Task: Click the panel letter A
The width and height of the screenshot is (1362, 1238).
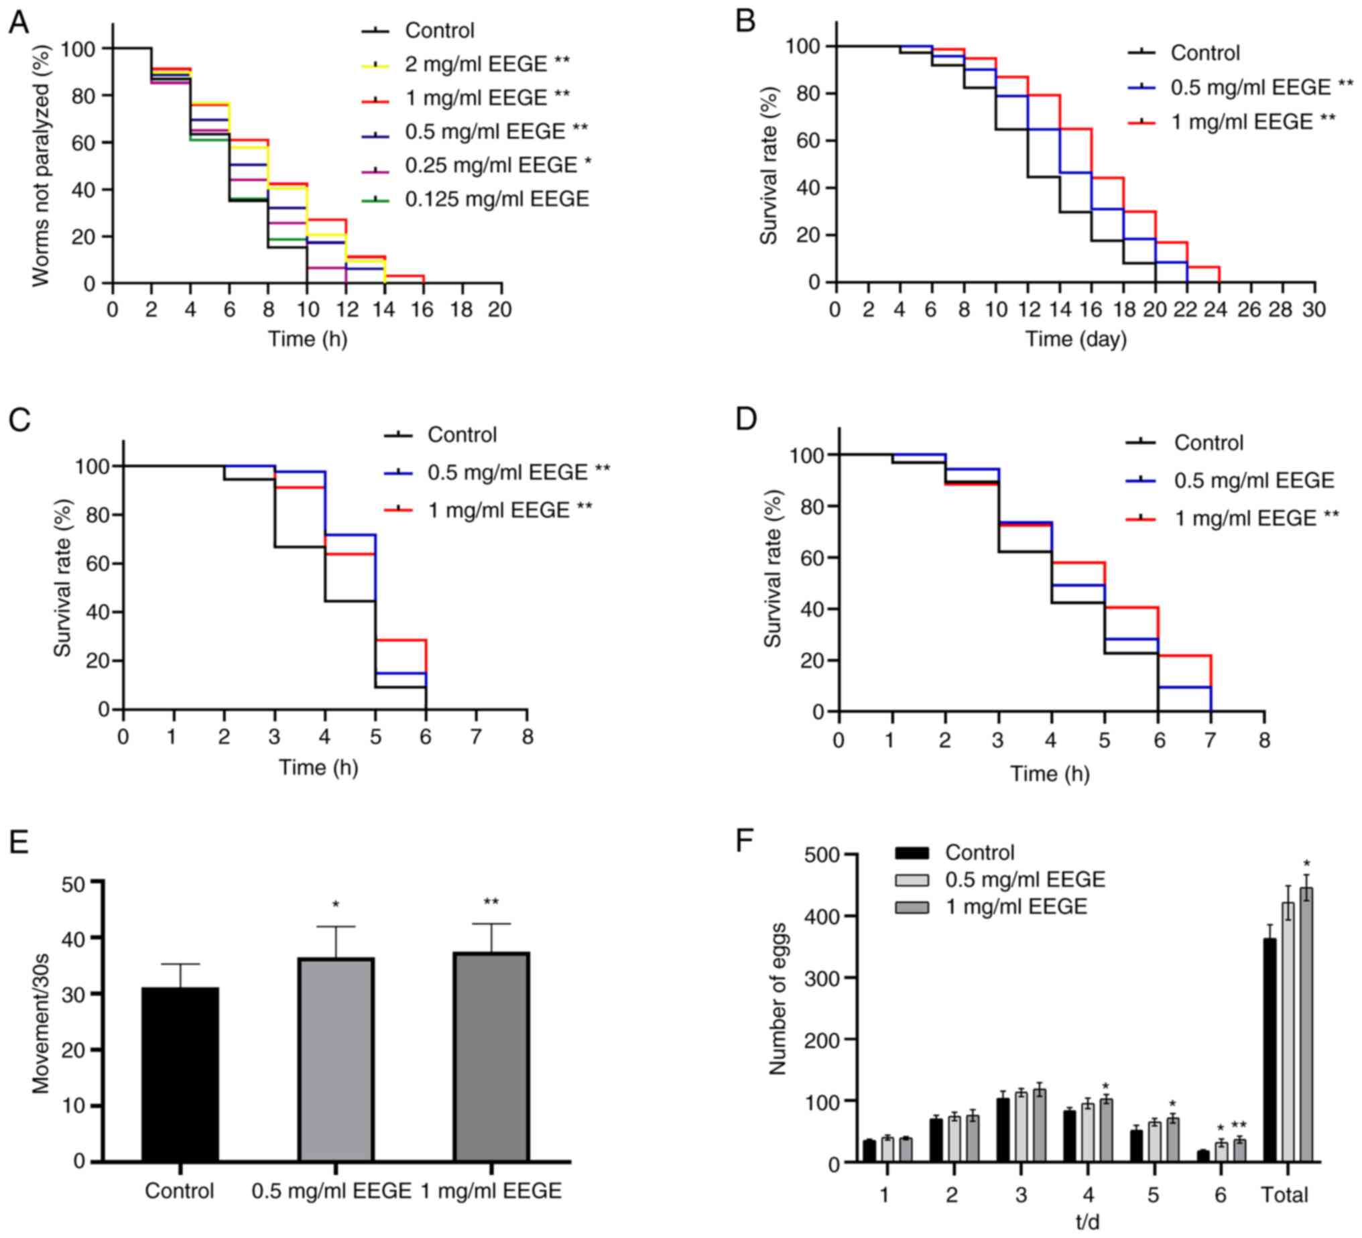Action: point(18,22)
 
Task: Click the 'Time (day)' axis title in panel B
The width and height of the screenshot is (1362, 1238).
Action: point(1076,338)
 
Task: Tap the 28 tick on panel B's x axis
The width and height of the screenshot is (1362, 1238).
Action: point(1282,310)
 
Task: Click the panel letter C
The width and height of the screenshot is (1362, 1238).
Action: point(19,420)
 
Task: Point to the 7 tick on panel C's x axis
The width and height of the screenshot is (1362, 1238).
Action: point(477,737)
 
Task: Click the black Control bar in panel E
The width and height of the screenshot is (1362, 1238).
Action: point(180,1074)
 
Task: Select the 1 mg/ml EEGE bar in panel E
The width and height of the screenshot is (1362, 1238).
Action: point(491,1057)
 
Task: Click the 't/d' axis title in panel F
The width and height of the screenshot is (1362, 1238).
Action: point(1088,1222)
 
